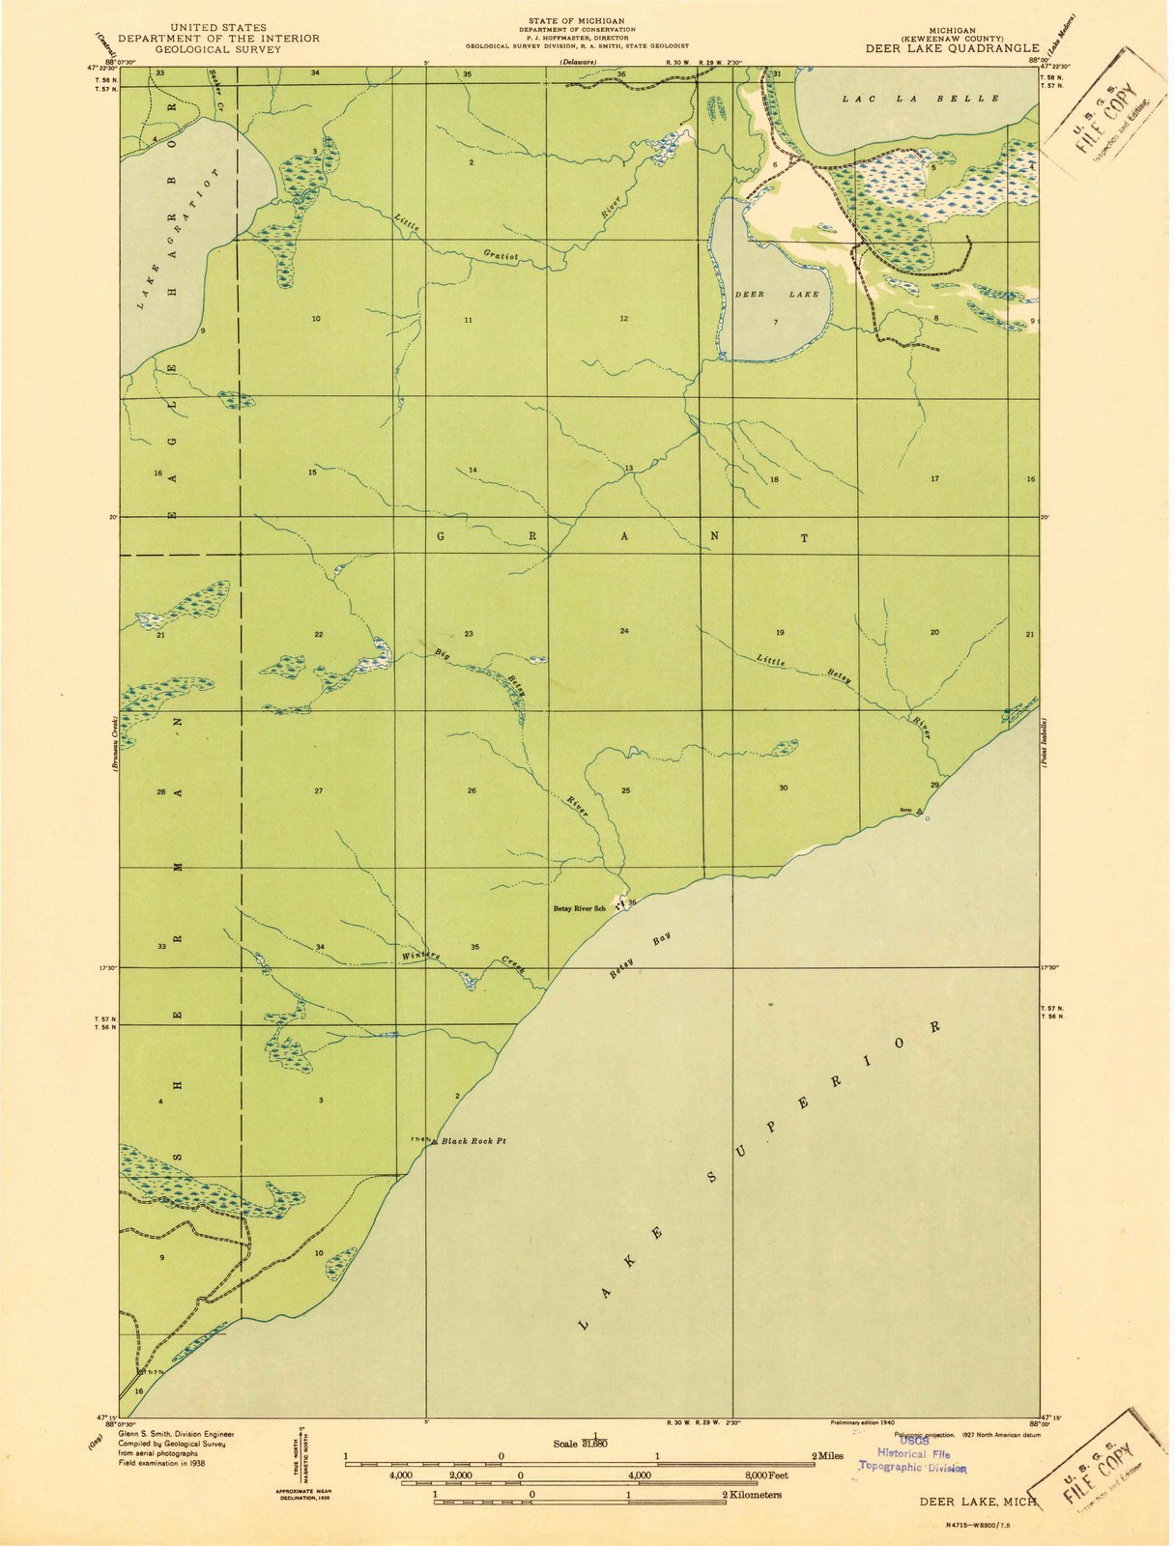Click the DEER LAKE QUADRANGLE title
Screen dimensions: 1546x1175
click(952, 46)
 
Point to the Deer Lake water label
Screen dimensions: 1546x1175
click(777, 294)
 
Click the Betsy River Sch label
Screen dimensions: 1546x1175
click(579, 907)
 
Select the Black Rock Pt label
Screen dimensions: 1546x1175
click(473, 1141)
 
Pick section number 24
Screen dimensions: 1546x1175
click(625, 631)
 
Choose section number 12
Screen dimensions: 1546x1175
click(624, 318)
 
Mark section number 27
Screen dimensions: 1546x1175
click(318, 790)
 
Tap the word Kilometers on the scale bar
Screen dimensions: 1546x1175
click(756, 1494)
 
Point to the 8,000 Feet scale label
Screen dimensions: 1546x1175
click(764, 1474)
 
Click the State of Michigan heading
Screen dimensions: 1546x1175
click(576, 20)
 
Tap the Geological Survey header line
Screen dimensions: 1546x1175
click(218, 48)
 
